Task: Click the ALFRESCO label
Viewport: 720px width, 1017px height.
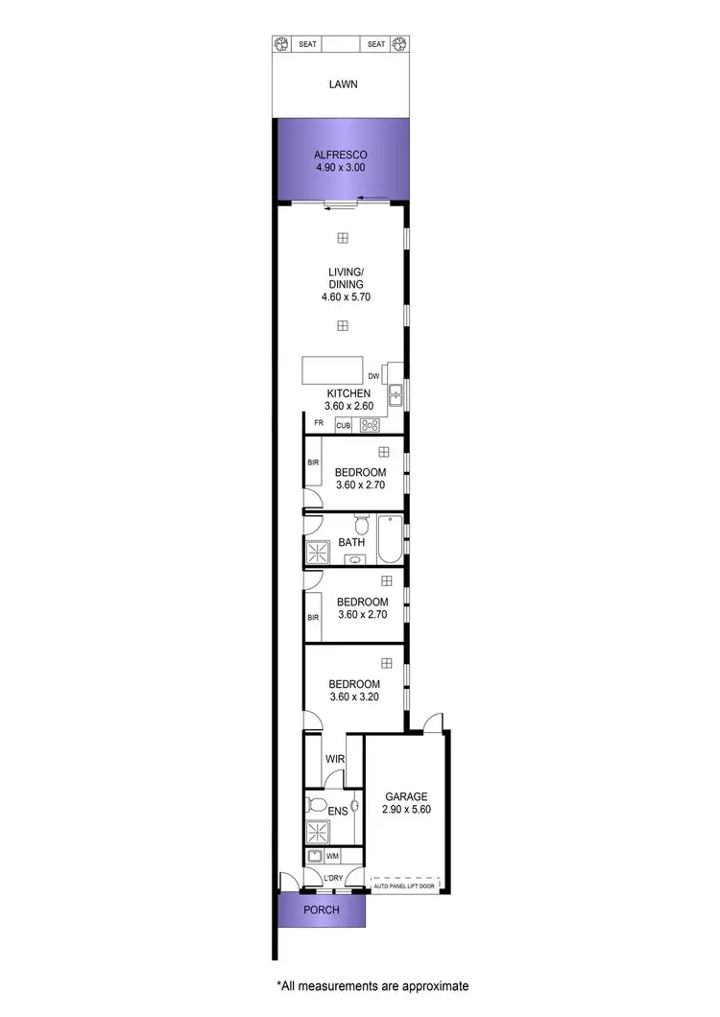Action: click(x=341, y=154)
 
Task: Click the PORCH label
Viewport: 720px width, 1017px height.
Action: click(x=321, y=910)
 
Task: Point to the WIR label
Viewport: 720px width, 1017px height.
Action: click(x=334, y=759)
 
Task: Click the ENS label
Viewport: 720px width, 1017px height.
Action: click(x=337, y=812)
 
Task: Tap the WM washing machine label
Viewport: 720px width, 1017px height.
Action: click(x=333, y=855)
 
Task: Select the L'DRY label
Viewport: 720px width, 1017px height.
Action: click(x=333, y=878)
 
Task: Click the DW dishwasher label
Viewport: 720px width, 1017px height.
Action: click(x=373, y=376)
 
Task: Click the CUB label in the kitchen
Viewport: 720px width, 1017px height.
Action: click(x=343, y=425)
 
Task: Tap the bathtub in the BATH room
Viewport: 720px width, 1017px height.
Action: click(x=389, y=540)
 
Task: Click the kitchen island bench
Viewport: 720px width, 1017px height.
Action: click(x=333, y=370)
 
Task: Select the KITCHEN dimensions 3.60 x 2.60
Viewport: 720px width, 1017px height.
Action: click(x=349, y=407)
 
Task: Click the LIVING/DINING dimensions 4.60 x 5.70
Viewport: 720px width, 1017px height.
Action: click(x=346, y=297)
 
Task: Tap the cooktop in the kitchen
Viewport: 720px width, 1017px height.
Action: click(x=370, y=425)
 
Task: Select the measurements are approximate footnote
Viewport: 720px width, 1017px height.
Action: click(x=372, y=985)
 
